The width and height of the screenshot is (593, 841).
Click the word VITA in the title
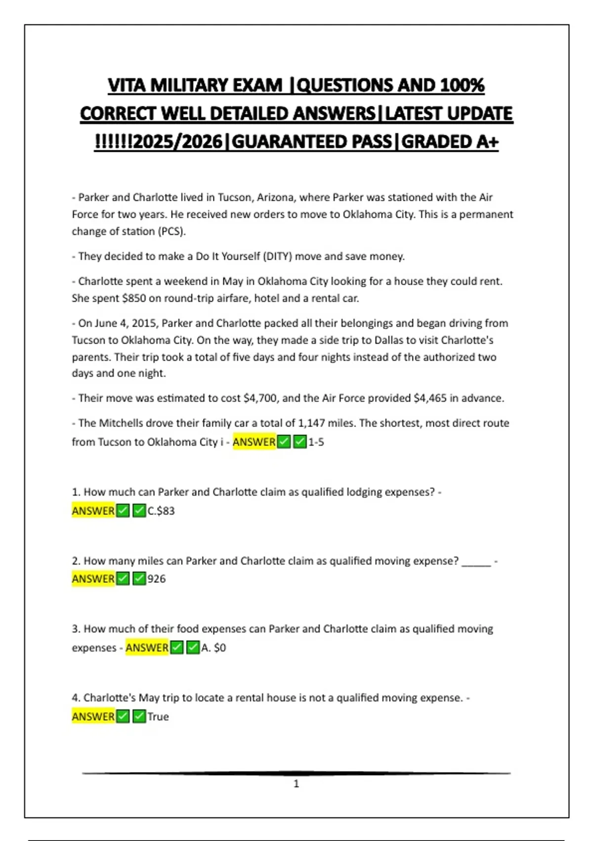click(127, 85)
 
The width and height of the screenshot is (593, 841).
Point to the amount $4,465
click(430, 398)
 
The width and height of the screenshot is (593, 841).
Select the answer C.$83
click(161, 511)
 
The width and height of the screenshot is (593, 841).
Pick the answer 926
click(157, 579)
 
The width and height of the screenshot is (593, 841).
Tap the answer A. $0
click(213, 648)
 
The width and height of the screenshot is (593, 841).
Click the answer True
click(158, 716)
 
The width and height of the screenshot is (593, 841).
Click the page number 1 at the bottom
click(296, 784)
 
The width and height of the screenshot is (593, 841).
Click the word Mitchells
click(122, 423)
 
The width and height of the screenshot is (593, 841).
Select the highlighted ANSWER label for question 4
click(93, 716)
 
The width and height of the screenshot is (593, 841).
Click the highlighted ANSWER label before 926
click(93, 579)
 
